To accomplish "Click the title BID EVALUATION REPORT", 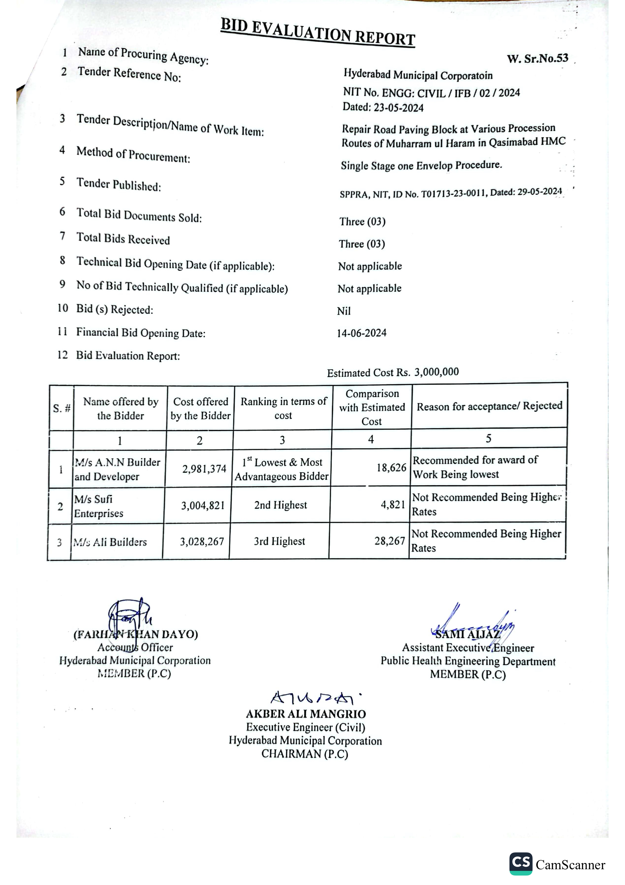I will [318, 32].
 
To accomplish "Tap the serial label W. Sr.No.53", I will [537, 59].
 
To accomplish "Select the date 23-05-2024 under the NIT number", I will [398, 108].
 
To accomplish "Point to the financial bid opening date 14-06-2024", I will [361, 333].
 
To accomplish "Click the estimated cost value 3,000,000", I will [437, 372].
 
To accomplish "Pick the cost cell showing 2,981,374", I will [204, 469].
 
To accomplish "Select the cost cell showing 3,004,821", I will [203, 505].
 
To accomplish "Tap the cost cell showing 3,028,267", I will [202, 542].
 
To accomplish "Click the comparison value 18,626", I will [391, 468].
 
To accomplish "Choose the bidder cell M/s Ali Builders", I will [110, 542].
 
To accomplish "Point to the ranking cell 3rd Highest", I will [279, 542].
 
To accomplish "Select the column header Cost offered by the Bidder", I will [200, 409].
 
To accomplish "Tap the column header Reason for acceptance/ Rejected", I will [489, 406].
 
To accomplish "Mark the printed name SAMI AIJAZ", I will [467, 634].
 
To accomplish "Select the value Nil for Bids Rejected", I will [344, 311].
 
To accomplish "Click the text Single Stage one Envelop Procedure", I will [422, 166].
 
